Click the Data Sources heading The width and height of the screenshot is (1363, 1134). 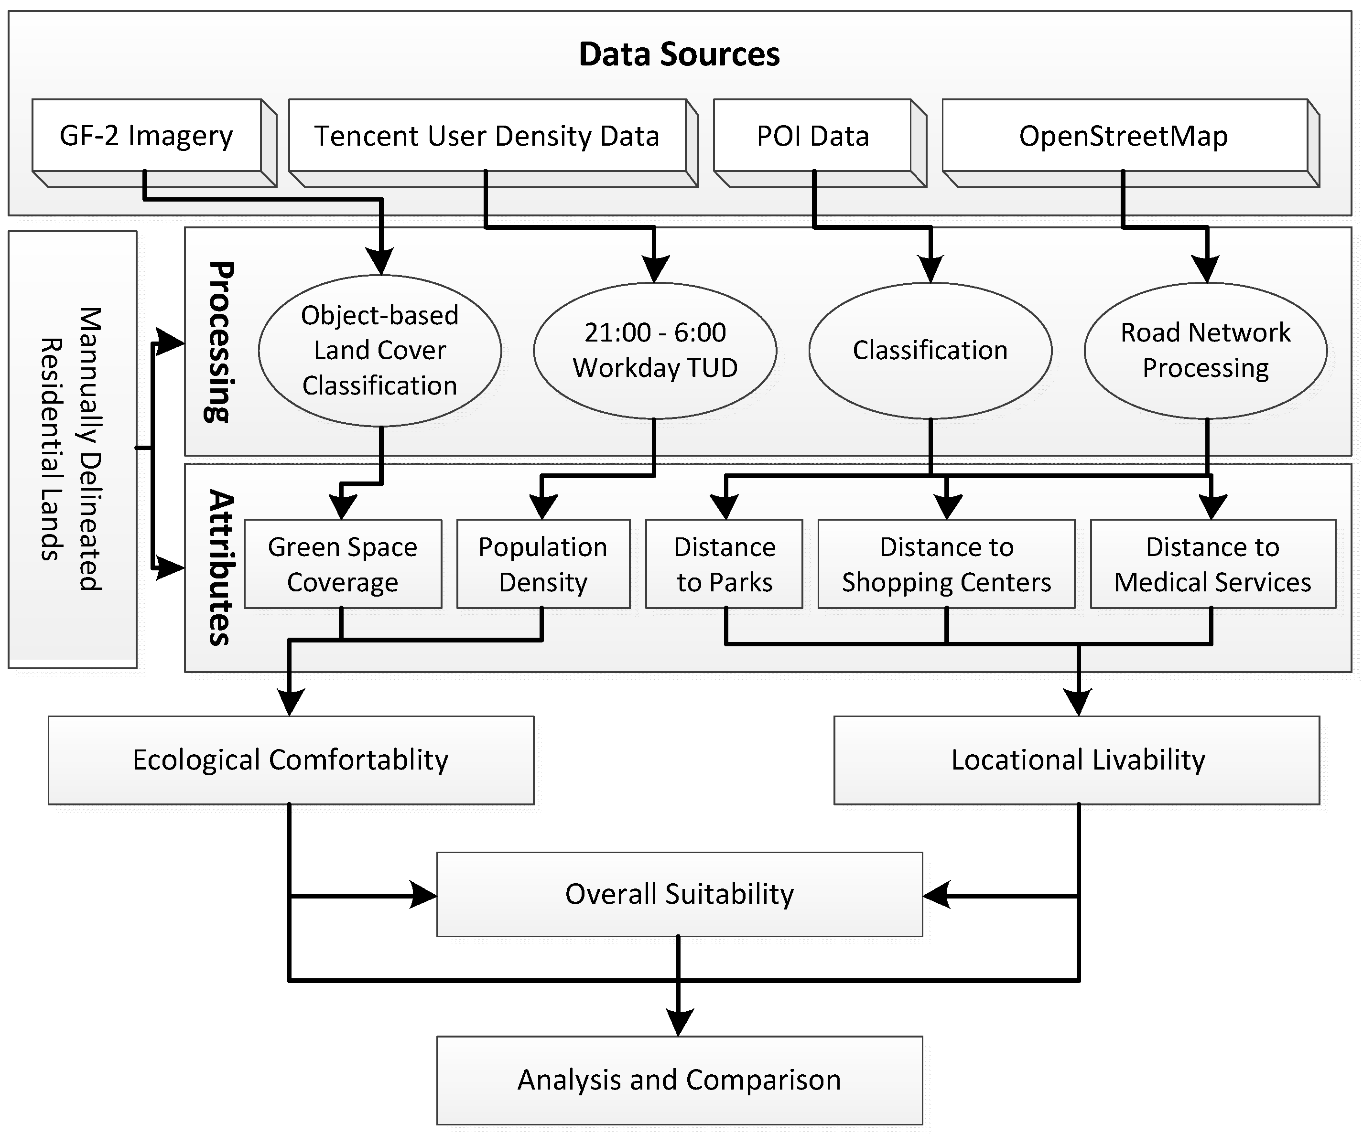coord(679,54)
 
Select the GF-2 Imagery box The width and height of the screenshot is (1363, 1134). coord(147,136)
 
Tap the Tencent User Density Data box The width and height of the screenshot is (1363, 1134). coord(487,136)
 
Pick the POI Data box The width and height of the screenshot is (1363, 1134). coord(812,136)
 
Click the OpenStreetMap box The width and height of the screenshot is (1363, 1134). coord(1124,136)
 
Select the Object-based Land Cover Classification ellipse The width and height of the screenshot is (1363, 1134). coord(379,350)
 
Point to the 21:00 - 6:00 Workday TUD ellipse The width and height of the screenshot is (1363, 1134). coord(655,350)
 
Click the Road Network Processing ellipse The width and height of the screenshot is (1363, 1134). coord(1205,350)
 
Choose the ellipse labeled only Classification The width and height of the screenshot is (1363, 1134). coord(930,350)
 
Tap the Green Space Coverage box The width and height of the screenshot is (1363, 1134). coord(343,564)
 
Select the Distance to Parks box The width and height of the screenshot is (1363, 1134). coord(725,564)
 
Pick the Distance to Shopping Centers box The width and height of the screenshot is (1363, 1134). coord(946,564)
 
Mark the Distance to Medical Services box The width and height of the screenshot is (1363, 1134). coord(1212,564)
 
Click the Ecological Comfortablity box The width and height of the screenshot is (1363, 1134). coord(291,760)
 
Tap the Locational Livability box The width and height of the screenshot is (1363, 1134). coord(1077,760)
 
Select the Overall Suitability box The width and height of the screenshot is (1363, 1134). coord(679,894)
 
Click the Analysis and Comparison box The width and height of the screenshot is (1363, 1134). coord(679,1080)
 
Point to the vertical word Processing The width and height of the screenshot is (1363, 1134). coord(219,342)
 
